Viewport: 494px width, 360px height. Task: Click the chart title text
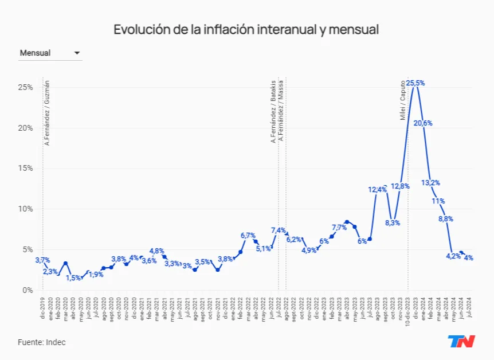click(246, 29)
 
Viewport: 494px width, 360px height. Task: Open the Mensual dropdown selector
click(50, 53)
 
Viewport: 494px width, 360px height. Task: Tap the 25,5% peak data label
click(415, 83)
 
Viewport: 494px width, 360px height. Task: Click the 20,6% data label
click(424, 123)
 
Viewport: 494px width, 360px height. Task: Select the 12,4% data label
click(377, 189)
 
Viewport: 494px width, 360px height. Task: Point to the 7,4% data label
click(279, 230)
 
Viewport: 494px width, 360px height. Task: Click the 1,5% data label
click(73, 278)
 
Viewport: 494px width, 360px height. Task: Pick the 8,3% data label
click(393, 223)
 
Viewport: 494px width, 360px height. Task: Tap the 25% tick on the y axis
click(25, 87)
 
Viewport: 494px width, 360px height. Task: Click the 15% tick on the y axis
click(25, 169)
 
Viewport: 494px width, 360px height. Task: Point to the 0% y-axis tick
click(27, 290)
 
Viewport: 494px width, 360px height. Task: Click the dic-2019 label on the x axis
click(42, 308)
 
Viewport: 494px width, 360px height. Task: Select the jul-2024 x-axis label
click(469, 308)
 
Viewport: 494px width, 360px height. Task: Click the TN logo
click(461, 342)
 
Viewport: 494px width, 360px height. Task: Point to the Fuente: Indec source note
click(41, 342)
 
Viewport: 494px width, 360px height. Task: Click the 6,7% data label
click(248, 236)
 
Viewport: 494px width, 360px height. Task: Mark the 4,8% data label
click(157, 251)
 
